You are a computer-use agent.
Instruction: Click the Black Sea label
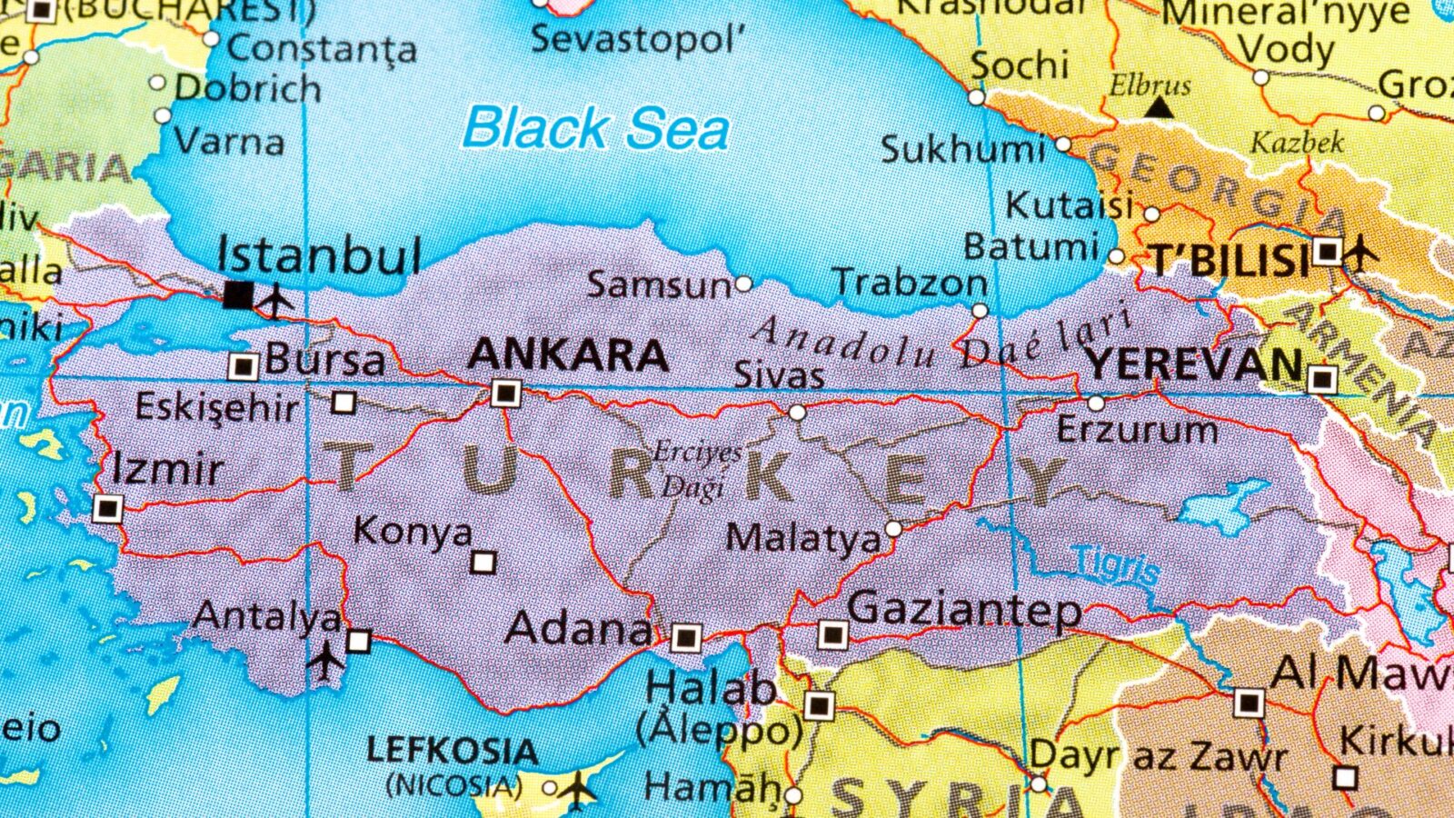coord(596,128)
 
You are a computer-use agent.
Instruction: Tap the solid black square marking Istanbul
coord(238,294)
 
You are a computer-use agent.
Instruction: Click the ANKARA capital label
coord(568,355)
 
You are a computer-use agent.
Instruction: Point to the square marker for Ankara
coord(505,394)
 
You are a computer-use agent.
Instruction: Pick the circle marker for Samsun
coord(743,284)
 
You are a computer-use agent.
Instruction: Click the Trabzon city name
coord(910,283)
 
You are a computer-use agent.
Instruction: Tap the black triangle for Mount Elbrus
coord(1158,108)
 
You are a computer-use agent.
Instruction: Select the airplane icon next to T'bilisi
coord(1359,251)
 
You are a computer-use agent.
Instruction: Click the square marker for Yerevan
coord(1322,378)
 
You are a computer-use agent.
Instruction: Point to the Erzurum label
coord(1137,429)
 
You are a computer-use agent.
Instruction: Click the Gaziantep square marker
coord(832,634)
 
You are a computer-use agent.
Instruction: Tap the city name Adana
coord(579,628)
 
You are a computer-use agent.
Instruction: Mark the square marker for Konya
coord(483,563)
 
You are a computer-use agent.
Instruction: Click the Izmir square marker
coord(107,508)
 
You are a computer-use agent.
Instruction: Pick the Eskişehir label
coord(216,406)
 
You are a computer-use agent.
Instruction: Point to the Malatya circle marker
coord(893,529)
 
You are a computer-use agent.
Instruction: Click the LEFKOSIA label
coord(452,752)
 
